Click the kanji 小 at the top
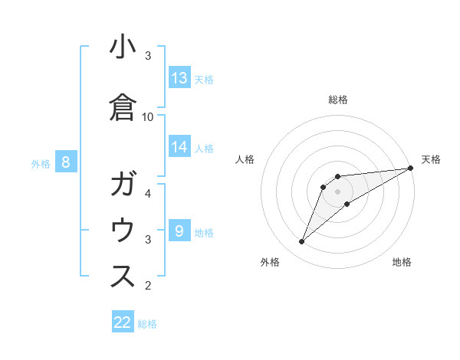(123, 47)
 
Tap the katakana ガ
(123, 185)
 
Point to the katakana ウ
(123, 230)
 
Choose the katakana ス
(123, 277)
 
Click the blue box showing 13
(179, 77)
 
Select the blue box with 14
(179, 147)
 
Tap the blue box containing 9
(179, 231)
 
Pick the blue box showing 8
(66, 162)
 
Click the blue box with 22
(123, 322)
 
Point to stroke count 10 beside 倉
(148, 116)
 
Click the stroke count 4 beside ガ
(148, 194)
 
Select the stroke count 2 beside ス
(148, 286)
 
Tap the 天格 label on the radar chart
(431, 159)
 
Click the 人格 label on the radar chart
(245, 159)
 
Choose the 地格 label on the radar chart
(402, 263)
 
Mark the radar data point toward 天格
(410, 168)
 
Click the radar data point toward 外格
(301, 242)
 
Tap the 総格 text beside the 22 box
(147, 324)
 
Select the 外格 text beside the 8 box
(41, 163)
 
